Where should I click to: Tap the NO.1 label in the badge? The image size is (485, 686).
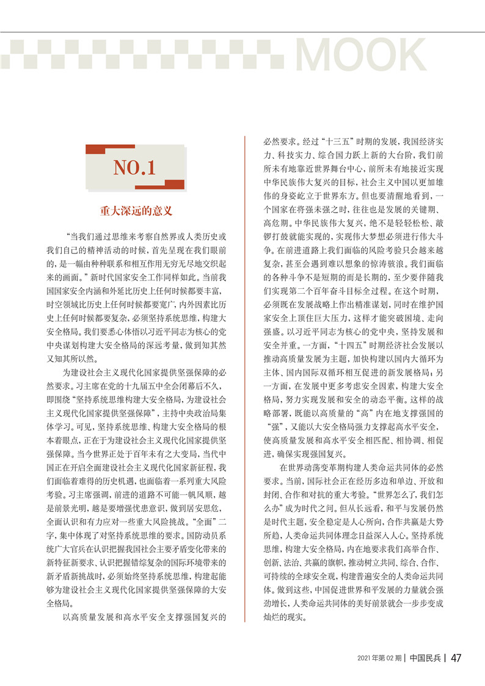tap(134, 167)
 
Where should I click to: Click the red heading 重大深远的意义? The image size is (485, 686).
tap(136, 211)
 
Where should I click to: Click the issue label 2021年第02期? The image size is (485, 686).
tap(379, 658)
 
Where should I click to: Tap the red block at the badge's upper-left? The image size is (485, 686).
tap(101, 149)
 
